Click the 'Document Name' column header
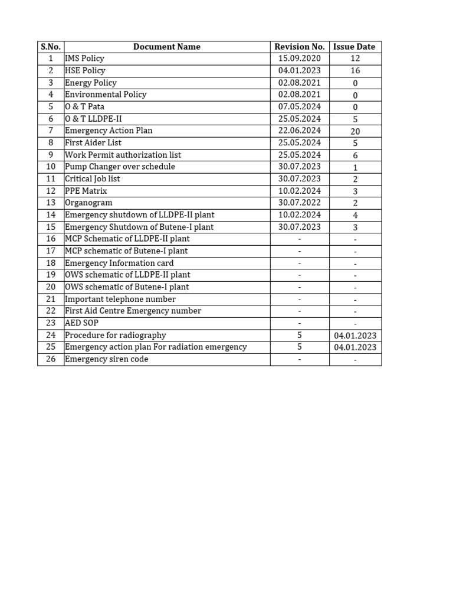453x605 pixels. (167, 47)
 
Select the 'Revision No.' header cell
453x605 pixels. (300, 47)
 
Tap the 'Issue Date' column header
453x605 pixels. (354, 47)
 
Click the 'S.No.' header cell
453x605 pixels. (51, 47)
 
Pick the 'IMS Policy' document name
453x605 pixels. (84, 58)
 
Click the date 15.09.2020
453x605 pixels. (300, 58)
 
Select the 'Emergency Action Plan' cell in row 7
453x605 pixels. (109, 131)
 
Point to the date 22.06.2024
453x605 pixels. (300, 131)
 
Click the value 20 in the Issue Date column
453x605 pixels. (355, 131)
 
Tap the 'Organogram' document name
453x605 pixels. (88, 203)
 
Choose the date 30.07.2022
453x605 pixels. (300, 203)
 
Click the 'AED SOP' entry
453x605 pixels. (81, 323)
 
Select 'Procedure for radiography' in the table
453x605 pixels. (116, 335)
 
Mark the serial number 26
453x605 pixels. (51, 359)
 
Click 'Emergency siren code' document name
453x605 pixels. (107, 359)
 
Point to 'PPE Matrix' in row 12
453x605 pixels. (86, 191)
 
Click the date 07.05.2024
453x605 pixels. (300, 107)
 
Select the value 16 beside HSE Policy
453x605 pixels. (355, 71)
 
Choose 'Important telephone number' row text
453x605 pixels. (120, 299)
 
